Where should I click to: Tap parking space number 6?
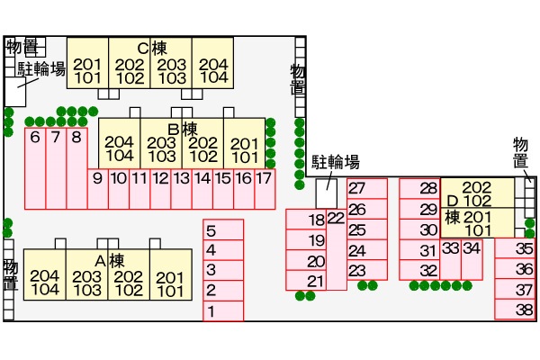35,138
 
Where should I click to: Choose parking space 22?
336,218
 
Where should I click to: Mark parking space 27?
357,189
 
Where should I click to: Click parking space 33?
451,247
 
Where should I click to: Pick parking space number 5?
211,229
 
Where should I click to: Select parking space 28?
428,189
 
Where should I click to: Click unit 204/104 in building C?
212,70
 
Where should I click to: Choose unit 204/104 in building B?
119,148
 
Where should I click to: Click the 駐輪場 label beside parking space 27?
336,162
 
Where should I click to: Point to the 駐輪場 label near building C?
42,68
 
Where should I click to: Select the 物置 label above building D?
519,152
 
